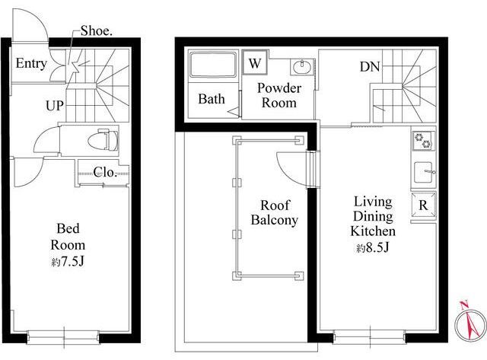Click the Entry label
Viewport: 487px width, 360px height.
click(x=31, y=63)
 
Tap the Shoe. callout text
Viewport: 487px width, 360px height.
click(x=97, y=30)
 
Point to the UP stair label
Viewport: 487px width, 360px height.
click(x=55, y=106)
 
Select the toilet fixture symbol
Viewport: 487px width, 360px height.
click(x=103, y=140)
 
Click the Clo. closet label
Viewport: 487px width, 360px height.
click(x=105, y=172)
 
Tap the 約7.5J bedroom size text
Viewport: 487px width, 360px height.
click(x=68, y=262)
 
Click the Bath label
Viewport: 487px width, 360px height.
click(x=212, y=99)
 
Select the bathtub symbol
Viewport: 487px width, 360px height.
click(x=213, y=65)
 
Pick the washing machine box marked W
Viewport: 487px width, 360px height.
click(x=255, y=62)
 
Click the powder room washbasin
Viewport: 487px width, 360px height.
click(x=302, y=67)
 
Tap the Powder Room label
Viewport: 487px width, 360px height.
click(x=279, y=95)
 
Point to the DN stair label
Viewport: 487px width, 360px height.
click(x=370, y=66)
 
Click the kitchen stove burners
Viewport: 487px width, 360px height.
click(x=423, y=140)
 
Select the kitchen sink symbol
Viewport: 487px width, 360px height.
click(x=424, y=173)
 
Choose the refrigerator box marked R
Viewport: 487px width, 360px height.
click(x=424, y=205)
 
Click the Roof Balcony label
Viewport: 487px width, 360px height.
click(x=275, y=212)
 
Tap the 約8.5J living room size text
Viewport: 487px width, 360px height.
click(x=372, y=248)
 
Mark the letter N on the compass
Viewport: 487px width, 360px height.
click(x=464, y=304)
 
